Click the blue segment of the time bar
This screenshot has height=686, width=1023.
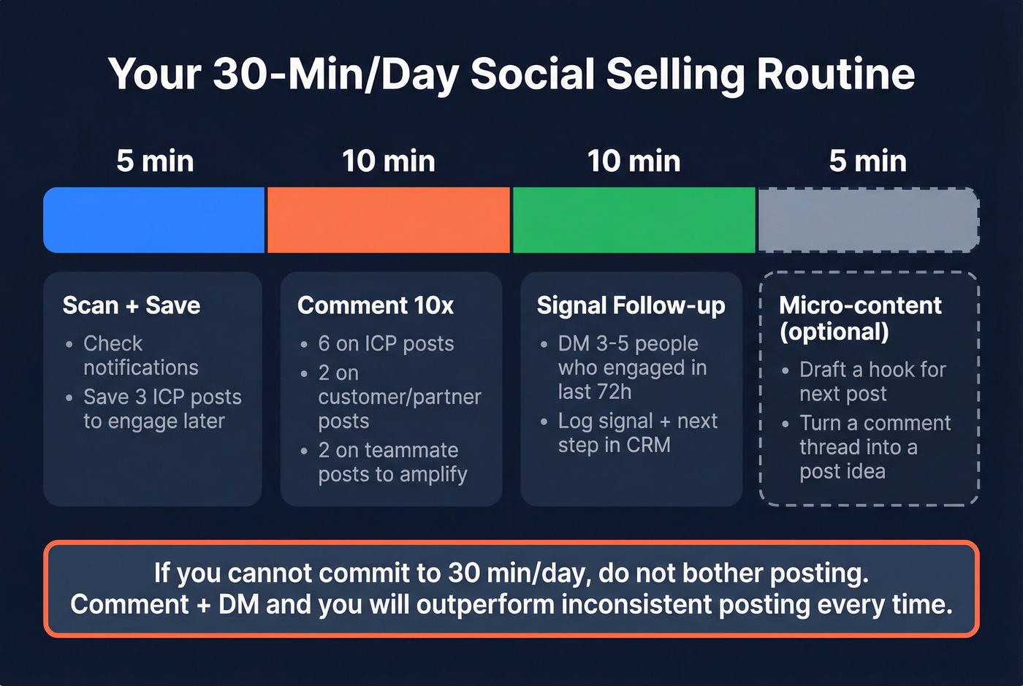(153, 220)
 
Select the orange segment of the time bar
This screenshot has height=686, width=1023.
(389, 220)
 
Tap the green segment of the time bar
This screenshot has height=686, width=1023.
(634, 220)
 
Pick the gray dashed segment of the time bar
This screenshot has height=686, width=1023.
(868, 220)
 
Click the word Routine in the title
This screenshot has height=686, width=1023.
(835, 74)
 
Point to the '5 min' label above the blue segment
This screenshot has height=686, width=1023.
(155, 161)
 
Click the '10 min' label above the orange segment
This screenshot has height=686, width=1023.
(389, 161)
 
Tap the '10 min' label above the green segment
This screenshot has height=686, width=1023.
(634, 161)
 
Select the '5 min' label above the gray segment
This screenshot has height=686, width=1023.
(867, 161)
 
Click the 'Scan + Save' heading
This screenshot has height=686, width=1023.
(132, 305)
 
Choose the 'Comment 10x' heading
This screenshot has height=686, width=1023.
(376, 305)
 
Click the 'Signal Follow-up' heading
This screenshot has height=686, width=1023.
(631, 305)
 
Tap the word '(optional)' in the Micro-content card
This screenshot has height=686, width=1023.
(834, 332)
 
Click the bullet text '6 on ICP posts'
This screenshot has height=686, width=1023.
(386, 343)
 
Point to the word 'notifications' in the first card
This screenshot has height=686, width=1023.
(141, 367)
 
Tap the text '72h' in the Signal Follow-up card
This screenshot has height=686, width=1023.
(614, 392)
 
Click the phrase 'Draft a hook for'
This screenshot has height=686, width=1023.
(872, 370)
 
